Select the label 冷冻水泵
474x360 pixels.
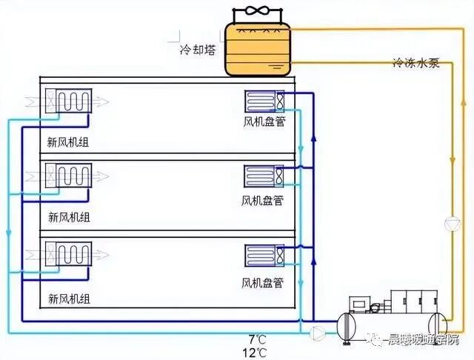(x=415, y=63)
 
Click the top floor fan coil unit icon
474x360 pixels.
(x=264, y=101)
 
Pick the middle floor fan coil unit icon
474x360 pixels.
(x=264, y=176)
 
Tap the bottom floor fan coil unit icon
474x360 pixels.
(x=264, y=256)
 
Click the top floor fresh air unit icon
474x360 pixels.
(x=68, y=101)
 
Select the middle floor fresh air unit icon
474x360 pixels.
(x=68, y=176)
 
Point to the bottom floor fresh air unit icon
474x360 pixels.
(x=68, y=253)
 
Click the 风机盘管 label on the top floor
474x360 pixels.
(x=264, y=121)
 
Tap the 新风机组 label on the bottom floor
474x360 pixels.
(x=69, y=299)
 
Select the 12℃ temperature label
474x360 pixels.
(x=257, y=353)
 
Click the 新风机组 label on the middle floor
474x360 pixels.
(x=69, y=217)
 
